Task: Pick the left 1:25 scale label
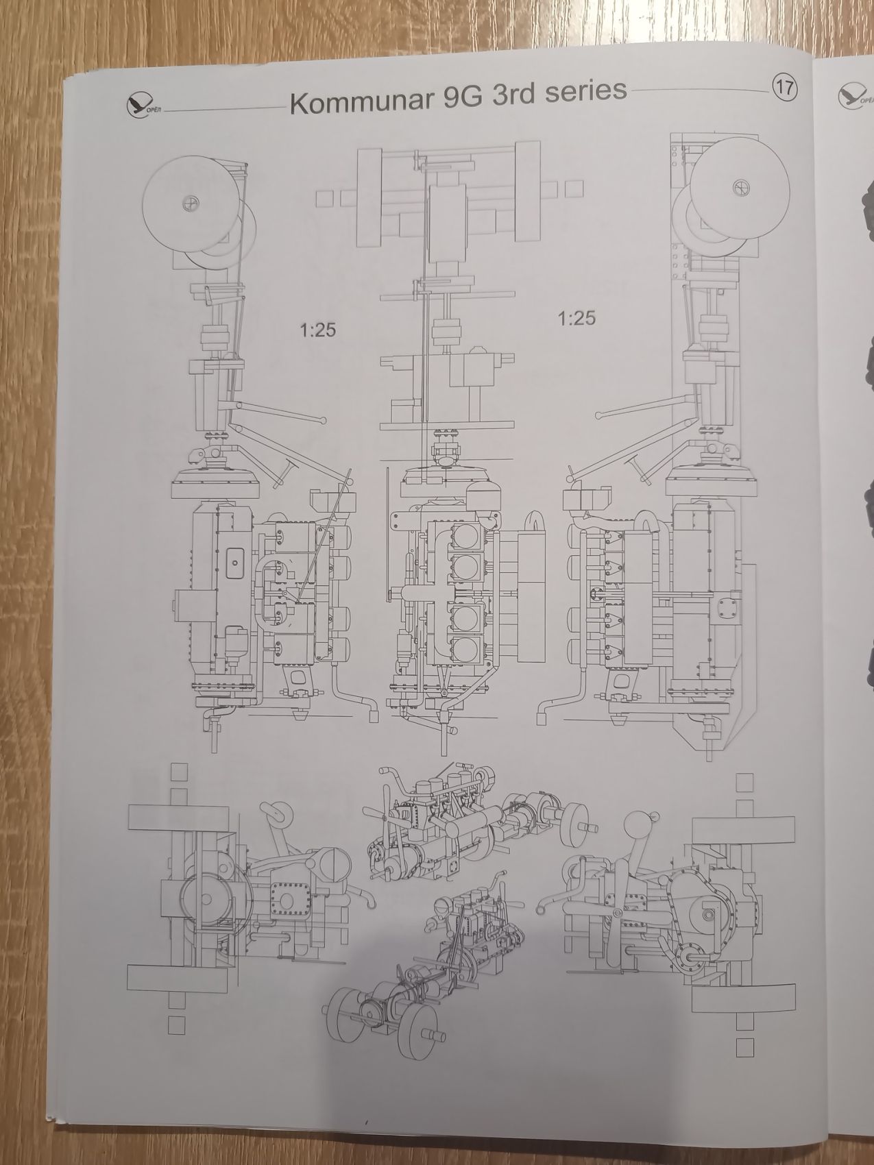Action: pos(318,330)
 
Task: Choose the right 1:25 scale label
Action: pos(576,318)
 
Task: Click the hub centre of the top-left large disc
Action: pos(190,204)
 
